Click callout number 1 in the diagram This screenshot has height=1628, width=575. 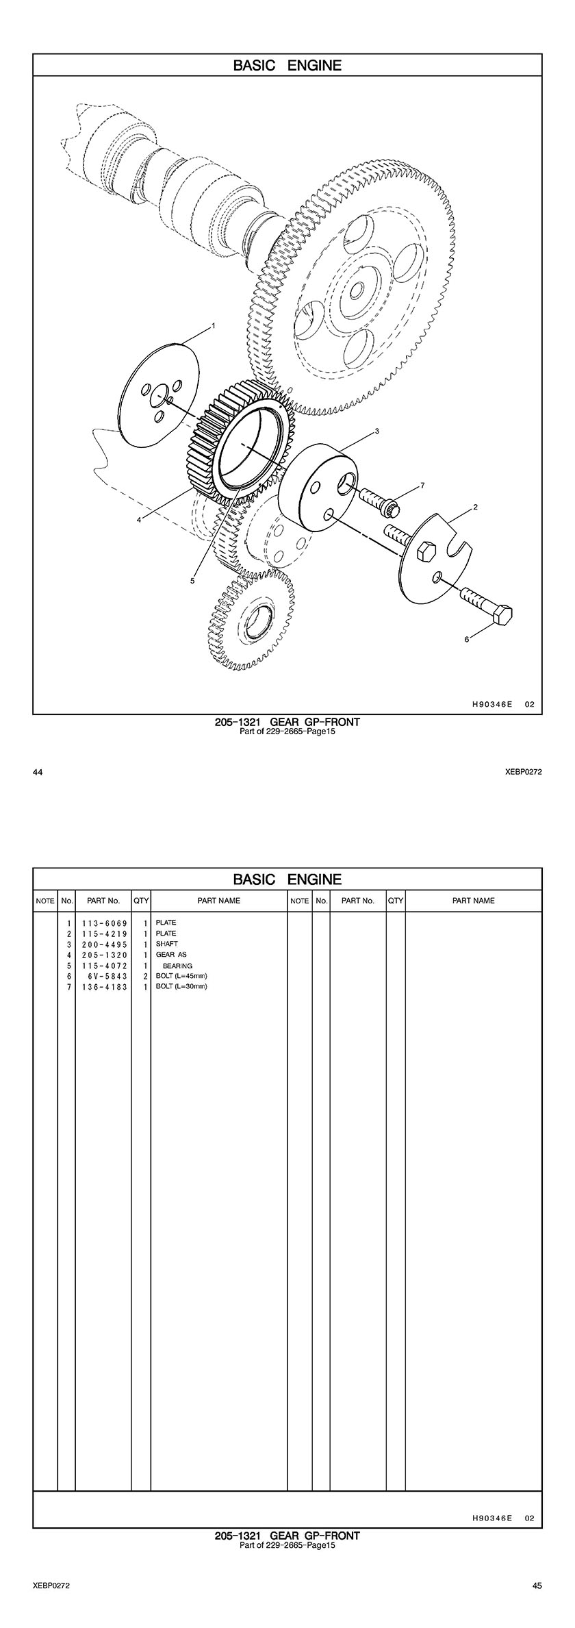point(214,326)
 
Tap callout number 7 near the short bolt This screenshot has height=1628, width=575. point(422,485)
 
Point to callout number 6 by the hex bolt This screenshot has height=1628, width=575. point(467,639)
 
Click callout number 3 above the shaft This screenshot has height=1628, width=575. point(377,431)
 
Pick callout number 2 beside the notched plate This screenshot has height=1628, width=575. point(475,508)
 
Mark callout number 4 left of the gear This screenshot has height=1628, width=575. point(139,520)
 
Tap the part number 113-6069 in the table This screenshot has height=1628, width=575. point(104,923)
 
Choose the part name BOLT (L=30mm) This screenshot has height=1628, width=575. point(181,986)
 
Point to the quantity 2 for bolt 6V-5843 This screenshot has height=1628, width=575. point(146,976)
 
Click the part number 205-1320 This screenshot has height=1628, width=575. point(104,955)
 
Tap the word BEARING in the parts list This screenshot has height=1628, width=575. point(177,966)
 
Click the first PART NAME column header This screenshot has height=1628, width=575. point(219,901)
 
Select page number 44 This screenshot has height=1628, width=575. point(38,773)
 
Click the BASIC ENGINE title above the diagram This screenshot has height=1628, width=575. point(287,66)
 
